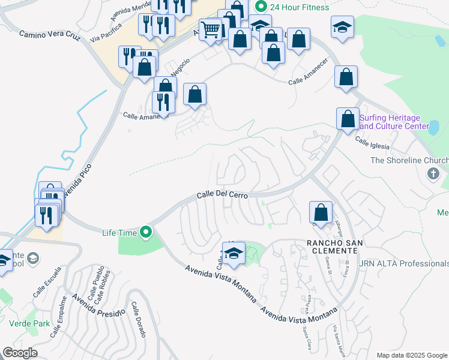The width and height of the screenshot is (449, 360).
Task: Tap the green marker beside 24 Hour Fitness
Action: (x=261, y=7)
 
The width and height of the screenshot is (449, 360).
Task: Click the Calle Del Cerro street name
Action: (x=223, y=197)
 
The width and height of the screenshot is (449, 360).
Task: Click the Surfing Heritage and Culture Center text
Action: (x=399, y=122)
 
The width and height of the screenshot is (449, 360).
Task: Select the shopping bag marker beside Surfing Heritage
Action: (x=348, y=118)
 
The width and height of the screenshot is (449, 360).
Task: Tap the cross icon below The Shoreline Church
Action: (x=433, y=174)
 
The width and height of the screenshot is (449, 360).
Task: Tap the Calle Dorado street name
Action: (x=138, y=319)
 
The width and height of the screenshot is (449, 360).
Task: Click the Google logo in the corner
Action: (x=20, y=352)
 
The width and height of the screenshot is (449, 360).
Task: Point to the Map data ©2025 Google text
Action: (x=411, y=355)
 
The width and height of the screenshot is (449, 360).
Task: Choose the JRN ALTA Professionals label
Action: (x=411, y=263)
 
